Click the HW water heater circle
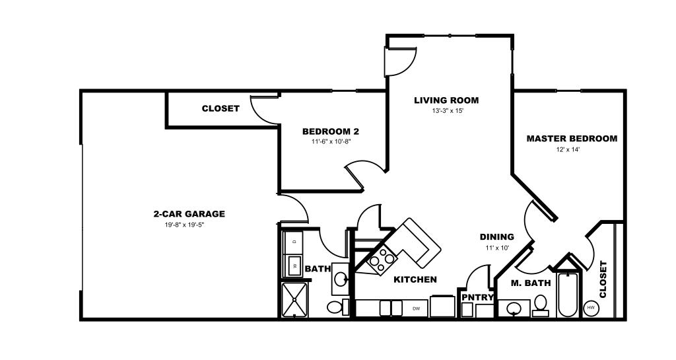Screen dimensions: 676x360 pos(590,308)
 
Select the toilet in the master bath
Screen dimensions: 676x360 pos(540,305)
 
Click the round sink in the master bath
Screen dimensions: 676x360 pos(514,308)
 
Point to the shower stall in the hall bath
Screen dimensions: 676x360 pos(294,300)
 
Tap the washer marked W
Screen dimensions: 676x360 pos(294,265)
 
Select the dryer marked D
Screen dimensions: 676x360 pos(294,242)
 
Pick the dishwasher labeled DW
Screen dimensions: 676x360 pos(416,308)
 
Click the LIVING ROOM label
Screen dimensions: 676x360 pos(446,100)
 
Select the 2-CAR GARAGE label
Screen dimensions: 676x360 pos(189,214)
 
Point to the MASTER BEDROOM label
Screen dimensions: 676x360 pos(572,139)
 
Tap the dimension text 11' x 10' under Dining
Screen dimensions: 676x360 pos(497,248)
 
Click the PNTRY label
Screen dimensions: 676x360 pos(478,297)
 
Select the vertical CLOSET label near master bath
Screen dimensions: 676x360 pos(603,279)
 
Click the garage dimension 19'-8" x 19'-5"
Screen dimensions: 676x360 pos(185,225)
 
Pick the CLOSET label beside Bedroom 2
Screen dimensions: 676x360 pos(220,108)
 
